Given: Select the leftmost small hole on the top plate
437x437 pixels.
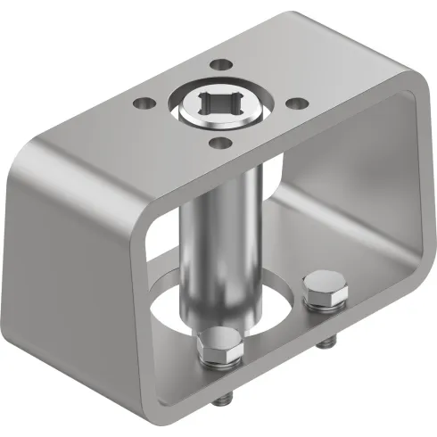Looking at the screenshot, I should pyautogui.click(x=141, y=102).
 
